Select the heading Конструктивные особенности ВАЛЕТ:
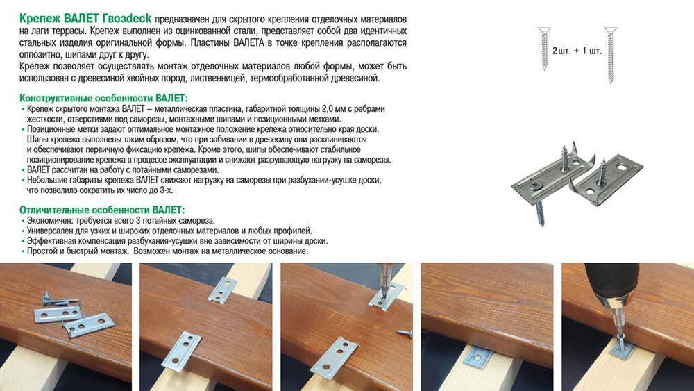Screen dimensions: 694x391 point(103,98)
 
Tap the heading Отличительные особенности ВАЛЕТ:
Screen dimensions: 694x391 point(102,210)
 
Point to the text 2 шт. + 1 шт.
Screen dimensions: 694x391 point(577,51)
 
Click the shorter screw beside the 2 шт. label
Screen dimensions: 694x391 point(544,48)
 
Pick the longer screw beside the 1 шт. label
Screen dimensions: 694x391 point(611,55)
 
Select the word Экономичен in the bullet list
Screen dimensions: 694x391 point(49,221)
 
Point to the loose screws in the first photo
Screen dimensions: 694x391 point(60,299)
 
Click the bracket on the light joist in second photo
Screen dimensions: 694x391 point(222,290)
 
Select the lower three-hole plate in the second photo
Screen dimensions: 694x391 point(181,350)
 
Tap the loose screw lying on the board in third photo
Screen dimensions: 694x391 point(404,333)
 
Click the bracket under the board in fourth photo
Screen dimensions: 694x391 point(477,356)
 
